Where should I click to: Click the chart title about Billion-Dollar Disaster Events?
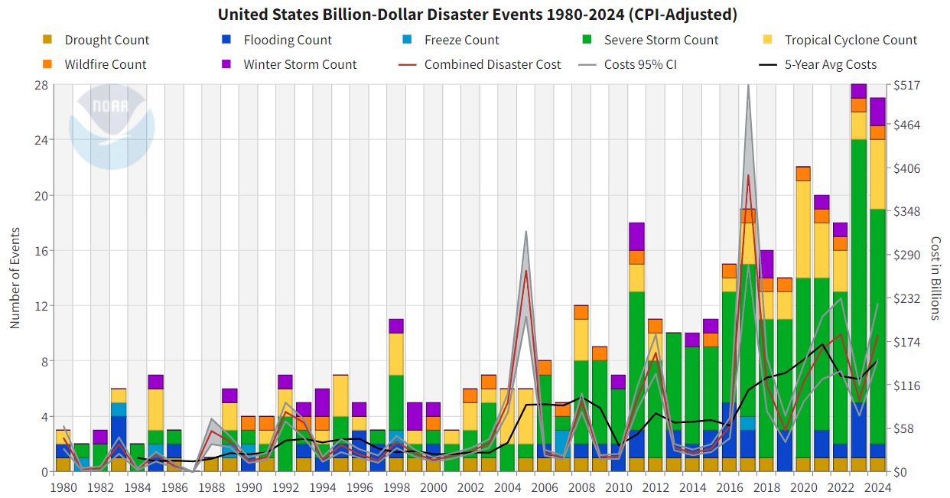[x=477, y=15]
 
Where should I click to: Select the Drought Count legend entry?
[x=96, y=40]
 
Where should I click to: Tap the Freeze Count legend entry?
[x=451, y=40]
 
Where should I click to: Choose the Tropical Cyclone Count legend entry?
[x=841, y=40]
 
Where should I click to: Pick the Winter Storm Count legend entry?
[x=289, y=64]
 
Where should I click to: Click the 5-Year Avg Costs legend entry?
[x=819, y=64]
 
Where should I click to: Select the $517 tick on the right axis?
[x=910, y=85]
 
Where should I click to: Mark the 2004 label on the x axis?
[x=507, y=487]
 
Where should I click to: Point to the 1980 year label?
[x=63, y=487]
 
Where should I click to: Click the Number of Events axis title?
[x=15, y=278]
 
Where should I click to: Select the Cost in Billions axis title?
[x=935, y=278]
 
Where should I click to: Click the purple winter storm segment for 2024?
[x=877, y=112]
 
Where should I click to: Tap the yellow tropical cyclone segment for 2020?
[x=803, y=229]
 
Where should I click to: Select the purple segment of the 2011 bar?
[x=636, y=236]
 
